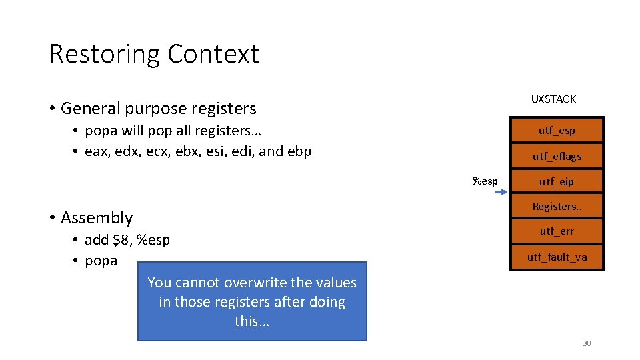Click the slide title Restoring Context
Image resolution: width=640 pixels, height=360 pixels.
[154, 54]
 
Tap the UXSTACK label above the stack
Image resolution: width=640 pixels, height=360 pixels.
[553, 99]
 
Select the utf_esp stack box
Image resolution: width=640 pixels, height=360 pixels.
[557, 131]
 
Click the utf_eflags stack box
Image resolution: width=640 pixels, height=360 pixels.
[557, 157]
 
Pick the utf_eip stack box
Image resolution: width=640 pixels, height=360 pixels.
[557, 181]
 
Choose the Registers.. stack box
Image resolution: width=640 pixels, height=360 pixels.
[557, 207]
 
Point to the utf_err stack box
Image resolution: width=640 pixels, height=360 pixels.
[557, 231]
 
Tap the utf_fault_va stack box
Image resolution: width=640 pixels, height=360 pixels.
[557, 257]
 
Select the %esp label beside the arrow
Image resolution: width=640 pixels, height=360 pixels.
[485, 181]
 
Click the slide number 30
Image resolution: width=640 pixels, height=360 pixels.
[587, 343]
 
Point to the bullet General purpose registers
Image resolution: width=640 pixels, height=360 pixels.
[158, 108]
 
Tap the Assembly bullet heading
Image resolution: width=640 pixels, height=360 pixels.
[97, 218]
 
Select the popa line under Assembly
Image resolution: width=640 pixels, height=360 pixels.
[101, 261]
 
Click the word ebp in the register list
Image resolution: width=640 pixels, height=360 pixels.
[299, 151]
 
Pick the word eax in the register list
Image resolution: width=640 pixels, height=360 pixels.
[97, 151]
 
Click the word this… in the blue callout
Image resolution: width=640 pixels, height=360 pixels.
[252, 321]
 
